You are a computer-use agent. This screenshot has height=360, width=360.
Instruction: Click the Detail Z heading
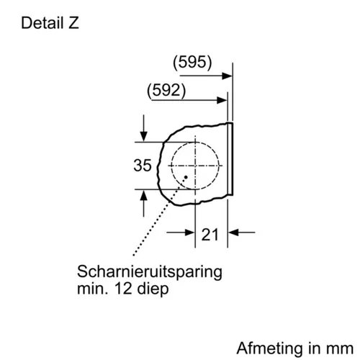[50, 23]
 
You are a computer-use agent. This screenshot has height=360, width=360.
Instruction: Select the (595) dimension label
[192, 62]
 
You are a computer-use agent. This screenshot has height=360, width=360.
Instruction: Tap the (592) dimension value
[166, 91]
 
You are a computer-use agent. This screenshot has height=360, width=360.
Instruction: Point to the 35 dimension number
[143, 166]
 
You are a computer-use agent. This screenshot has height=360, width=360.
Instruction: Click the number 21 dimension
[210, 235]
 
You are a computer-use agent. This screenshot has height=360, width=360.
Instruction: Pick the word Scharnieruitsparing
[150, 272]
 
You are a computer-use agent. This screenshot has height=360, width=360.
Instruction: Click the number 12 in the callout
[123, 288]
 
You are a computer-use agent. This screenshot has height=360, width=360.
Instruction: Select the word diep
[153, 289]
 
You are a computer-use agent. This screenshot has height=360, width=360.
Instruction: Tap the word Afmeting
[269, 348]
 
